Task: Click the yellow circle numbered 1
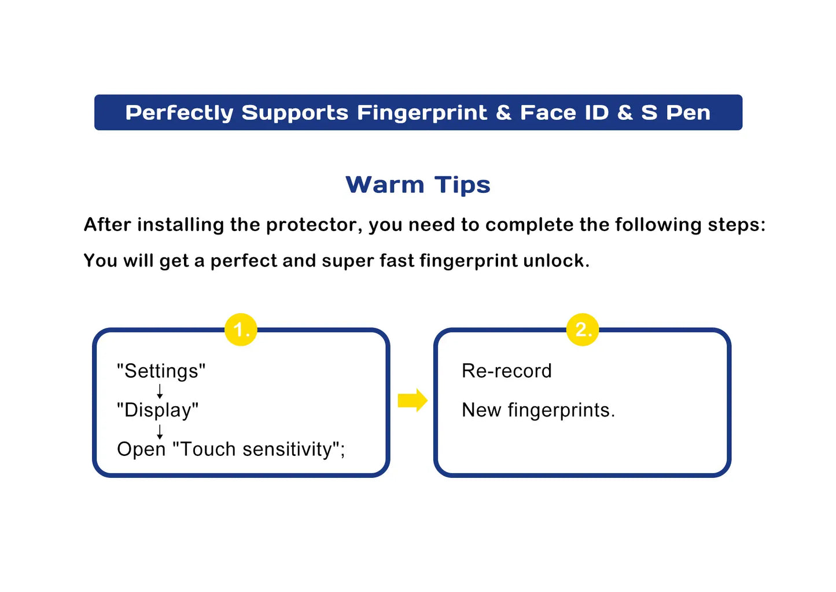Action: pyautogui.click(x=241, y=329)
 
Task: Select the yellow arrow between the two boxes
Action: pyautogui.click(x=413, y=400)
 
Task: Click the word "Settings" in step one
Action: pyautogui.click(x=161, y=371)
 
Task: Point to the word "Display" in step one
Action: pyautogui.click(x=157, y=410)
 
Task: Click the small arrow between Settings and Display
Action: pyautogui.click(x=160, y=392)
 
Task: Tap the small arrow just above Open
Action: pyautogui.click(x=160, y=432)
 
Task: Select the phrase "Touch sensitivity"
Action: pyautogui.click(x=256, y=449)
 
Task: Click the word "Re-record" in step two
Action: pyautogui.click(x=506, y=371)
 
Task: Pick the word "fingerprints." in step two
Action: pyautogui.click(x=561, y=411)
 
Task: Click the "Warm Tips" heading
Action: pyautogui.click(x=418, y=185)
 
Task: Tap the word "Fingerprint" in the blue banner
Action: pyautogui.click(x=422, y=113)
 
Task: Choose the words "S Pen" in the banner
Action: pyautogui.click(x=676, y=112)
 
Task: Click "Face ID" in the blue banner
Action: pyautogui.click(x=564, y=112)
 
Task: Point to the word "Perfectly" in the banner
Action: pyautogui.click(x=179, y=113)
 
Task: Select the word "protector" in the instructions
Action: pyautogui.click(x=314, y=225)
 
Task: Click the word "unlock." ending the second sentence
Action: pyautogui.click(x=557, y=261)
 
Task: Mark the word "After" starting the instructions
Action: pyautogui.click(x=108, y=225)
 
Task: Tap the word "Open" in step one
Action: pyautogui.click(x=141, y=450)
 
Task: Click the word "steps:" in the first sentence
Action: pyautogui.click(x=736, y=225)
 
